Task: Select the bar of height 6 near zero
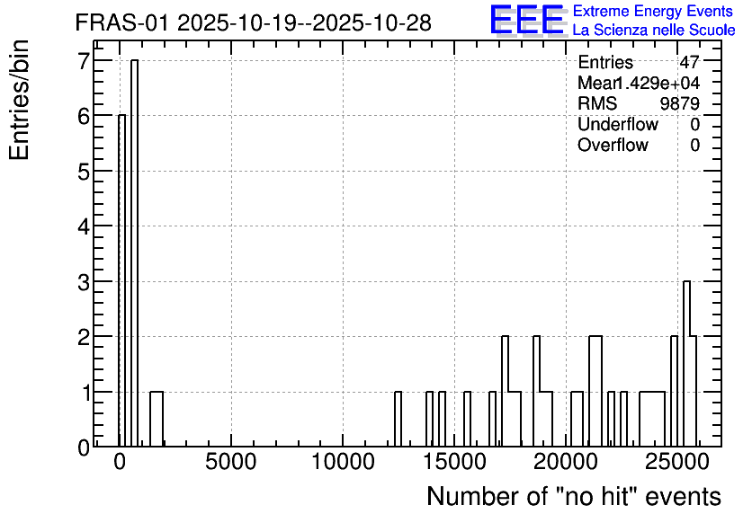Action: [x=121, y=280]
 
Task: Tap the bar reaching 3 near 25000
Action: [x=686, y=364]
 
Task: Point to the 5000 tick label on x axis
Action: [x=230, y=462]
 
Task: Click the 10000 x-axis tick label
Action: [x=343, y=462]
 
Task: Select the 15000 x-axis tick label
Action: [x=454, y=462]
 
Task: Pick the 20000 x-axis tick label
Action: [x=567, y=462]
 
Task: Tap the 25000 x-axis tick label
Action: [x=677, y=462]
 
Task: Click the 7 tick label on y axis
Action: [x=84, y=61]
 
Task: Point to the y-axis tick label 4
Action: [x=84, y=226]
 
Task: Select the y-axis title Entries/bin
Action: [x=19, y=100]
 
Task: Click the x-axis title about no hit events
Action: [x=574, y=496]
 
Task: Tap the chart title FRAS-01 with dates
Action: [x=254, y=22]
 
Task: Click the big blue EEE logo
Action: [x=527, y=20]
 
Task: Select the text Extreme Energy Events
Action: [x=653, y=11]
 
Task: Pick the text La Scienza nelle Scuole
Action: [x=654, y=31]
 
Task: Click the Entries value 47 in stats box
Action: [x=689, y=62]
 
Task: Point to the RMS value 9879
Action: [x=679, y=103]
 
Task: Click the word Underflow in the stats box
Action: [x=618, y=124]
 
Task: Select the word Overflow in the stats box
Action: [x=613, y=145]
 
